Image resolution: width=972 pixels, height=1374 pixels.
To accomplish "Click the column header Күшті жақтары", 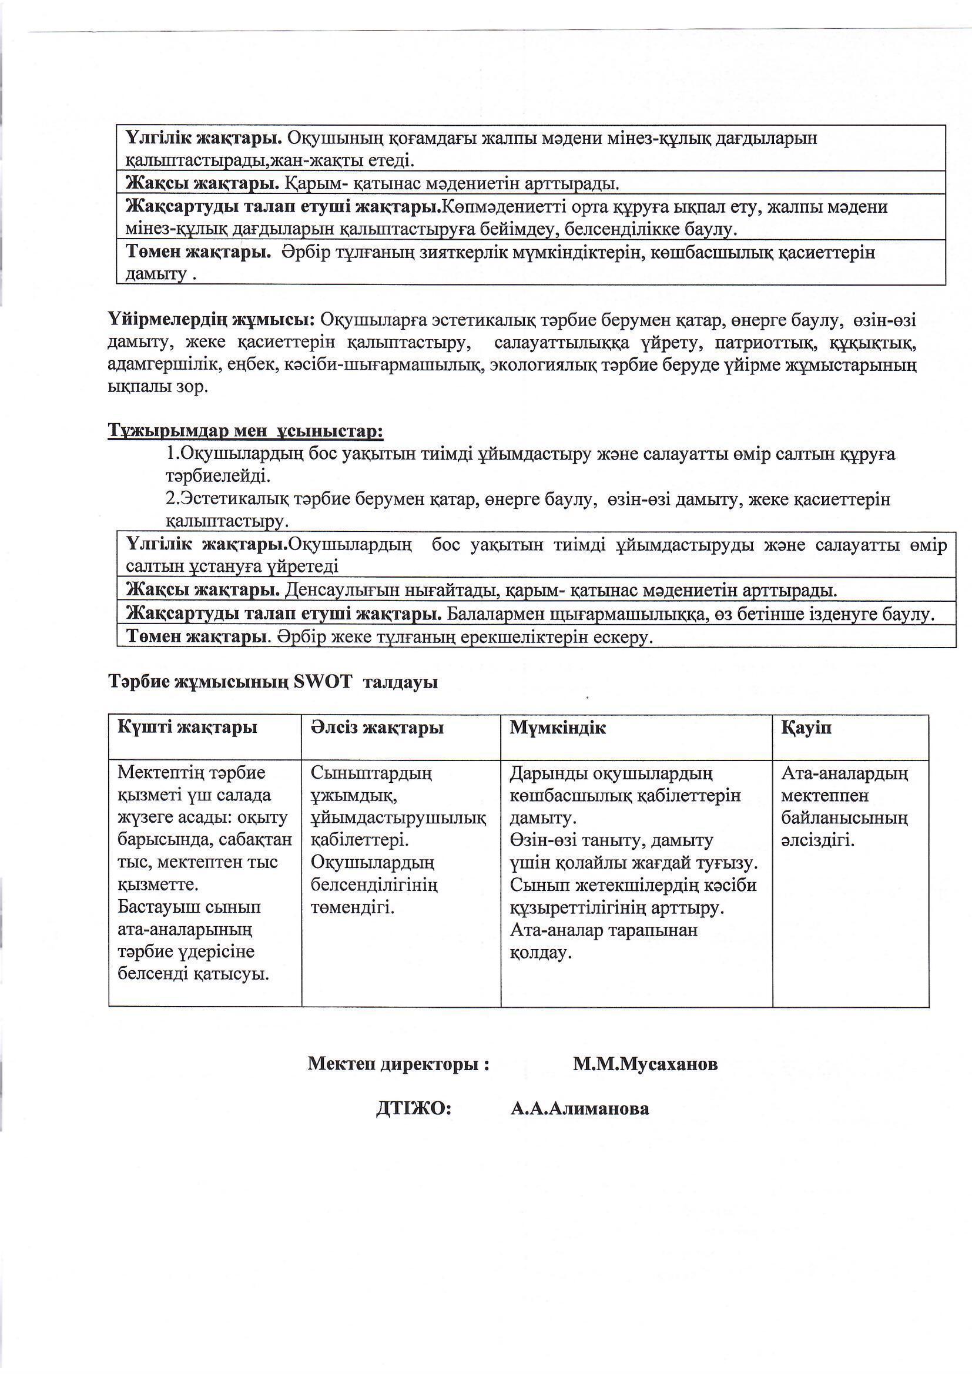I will [x=187, y=727].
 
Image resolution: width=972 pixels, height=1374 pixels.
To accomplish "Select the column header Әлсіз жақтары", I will [x=377, y=727].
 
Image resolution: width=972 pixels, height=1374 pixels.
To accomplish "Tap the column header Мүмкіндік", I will [x=557, y=727].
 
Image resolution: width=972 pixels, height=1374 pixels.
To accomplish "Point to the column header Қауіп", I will [x=806, y=727].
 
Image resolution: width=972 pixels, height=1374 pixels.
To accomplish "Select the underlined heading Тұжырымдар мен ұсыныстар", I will [x=246, y=431].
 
